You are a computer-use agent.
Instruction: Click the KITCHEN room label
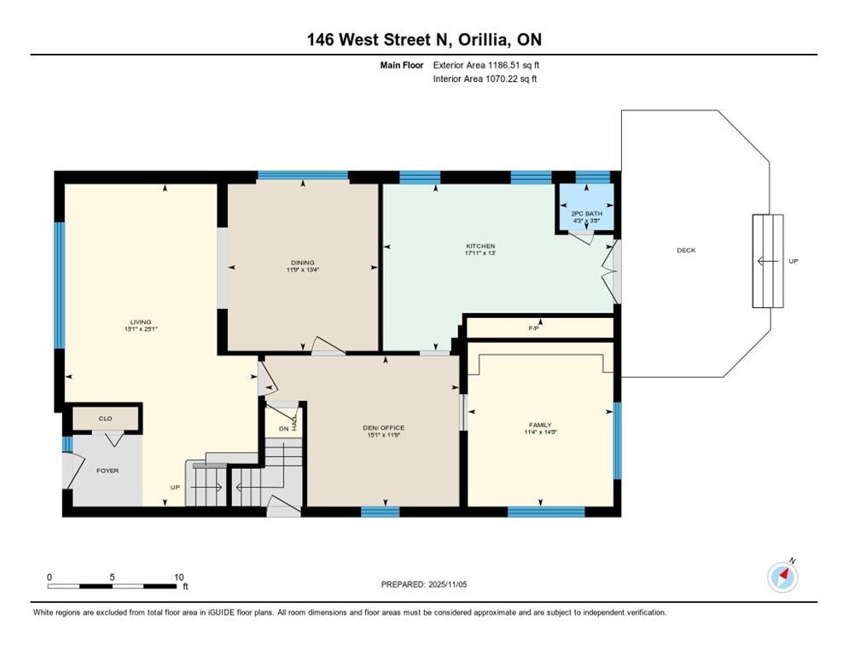pos(480,246)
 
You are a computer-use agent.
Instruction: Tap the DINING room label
pos(303,263)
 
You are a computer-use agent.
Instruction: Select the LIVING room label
pos(141,322)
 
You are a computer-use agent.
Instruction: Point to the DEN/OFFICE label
pos(383,428)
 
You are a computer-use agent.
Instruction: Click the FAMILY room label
pos(540,425)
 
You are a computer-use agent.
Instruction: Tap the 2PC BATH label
pos(587,214)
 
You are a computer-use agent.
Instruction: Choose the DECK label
pos(686,251)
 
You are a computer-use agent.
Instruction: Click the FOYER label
pos(107,471)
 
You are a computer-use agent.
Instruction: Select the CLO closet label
pos(106,419)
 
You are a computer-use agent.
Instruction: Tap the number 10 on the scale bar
pos(179,577)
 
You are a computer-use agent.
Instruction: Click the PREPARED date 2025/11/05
pos(448,585)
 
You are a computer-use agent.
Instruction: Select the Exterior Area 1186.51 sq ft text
pos(486,65)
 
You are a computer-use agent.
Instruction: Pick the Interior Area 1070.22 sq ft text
pos(485,78)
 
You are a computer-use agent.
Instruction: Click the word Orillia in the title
pos(484,39)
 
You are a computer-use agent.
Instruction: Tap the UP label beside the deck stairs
pos(793,261)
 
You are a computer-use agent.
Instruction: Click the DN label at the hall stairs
pos(284,429)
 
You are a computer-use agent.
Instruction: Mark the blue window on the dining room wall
pos(303,175)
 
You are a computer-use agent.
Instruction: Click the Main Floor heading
pos(402,65)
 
